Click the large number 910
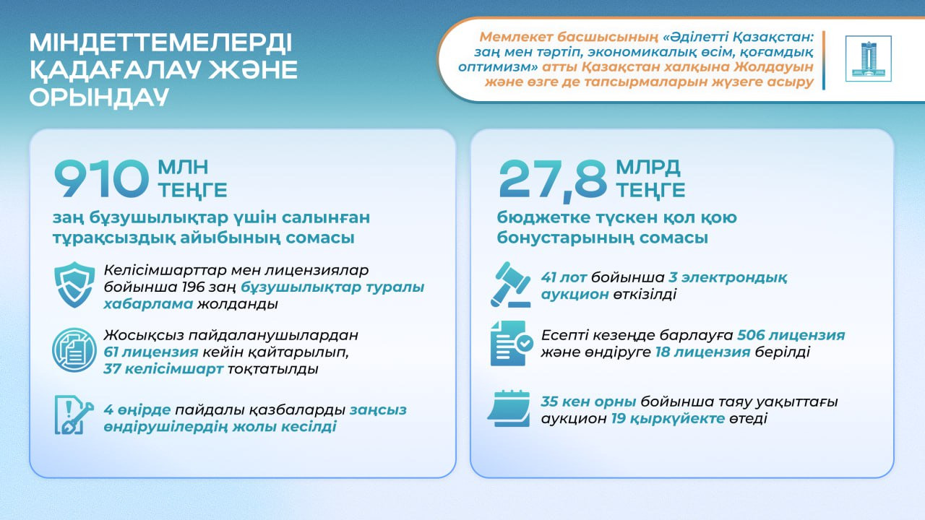100,179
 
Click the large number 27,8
553,181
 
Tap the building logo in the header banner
869,58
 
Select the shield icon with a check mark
74,285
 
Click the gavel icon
511,285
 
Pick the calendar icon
509,408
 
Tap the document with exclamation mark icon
74,415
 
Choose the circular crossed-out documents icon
74,350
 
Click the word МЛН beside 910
183,167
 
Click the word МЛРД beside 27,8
648,167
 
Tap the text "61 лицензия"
151,352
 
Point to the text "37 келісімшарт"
163,368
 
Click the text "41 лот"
564,277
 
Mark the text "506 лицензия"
791,334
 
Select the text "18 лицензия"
703,352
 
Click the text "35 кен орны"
588,402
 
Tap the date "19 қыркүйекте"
668,418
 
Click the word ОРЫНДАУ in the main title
99,97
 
